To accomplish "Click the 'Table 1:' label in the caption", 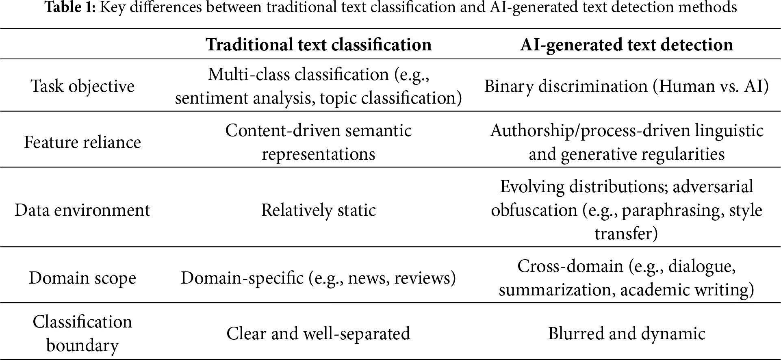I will click(x=70, y=7).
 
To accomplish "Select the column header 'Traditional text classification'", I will click(x=318, y=45).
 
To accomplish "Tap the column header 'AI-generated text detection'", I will click(x=626, y=45).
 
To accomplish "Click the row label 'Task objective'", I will click(x=82, y=86).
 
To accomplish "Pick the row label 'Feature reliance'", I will click(x=82, y=142).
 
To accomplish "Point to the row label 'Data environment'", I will click(x=82, y=210).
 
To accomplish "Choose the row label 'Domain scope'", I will click(x=82, y=278).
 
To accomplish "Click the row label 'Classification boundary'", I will click(x=82, y=333).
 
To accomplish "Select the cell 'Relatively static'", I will click(x=318, y=210).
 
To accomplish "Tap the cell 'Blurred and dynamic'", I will click(x=626, y=333).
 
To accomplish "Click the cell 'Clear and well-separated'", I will click(x=318, y=333).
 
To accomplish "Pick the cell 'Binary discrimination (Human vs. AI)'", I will click(x=626, y=86).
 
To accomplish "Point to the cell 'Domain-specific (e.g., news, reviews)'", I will click(x=318, y=278).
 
